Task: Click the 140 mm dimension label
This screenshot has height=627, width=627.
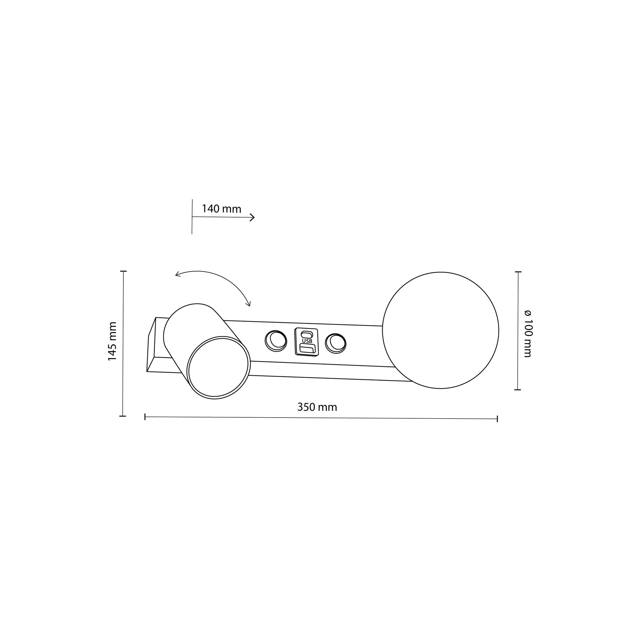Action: pos(221,209)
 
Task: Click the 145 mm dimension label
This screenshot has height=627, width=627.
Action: pos(112,342)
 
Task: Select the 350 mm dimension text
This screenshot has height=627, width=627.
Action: pos(317,407)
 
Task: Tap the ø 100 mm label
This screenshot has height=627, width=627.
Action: pos(528,333)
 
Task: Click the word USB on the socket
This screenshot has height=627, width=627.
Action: pos(307,341)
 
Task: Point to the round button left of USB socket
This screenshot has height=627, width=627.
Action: pos(276,341)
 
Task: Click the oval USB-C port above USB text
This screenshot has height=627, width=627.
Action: pos(306,334)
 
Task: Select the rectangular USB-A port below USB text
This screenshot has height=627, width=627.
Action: pos(307,349)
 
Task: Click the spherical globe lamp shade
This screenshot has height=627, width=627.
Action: pos(440,330)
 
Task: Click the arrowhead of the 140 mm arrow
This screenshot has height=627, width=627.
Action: pos(253,217)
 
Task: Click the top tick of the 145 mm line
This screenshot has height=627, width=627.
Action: pos(123,271)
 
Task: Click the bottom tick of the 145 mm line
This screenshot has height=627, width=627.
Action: pos(123,416)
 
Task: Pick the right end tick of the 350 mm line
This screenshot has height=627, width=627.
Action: pos(497,419)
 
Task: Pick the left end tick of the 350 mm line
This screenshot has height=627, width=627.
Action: pos(145,417)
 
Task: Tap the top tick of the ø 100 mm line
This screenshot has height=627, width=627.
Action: pos(518,272)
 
